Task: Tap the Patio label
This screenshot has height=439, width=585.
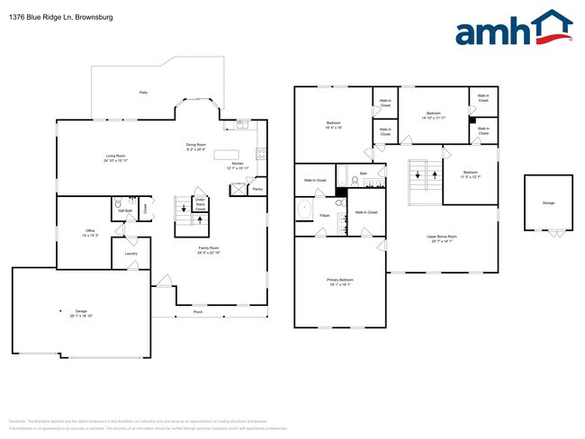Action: [143, 93]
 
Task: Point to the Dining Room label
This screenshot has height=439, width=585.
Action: [196, 147]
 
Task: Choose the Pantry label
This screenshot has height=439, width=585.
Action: [257, 190]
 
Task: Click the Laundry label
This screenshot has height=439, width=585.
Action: [130, 255]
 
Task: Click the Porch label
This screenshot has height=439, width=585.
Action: [197, 313]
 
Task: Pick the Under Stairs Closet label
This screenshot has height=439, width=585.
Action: [200, 203]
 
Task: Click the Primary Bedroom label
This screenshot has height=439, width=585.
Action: [339, 282]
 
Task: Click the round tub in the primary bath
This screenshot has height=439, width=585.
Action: [305, 210]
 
